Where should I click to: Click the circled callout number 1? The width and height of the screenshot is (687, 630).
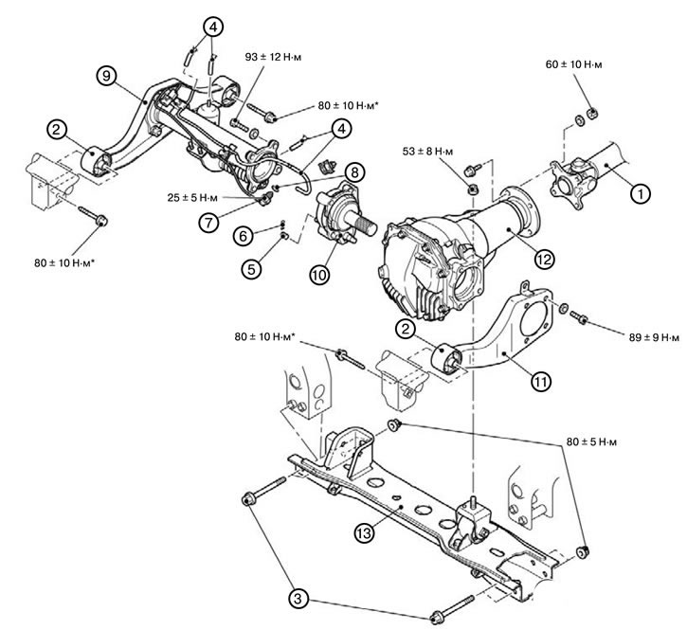641,193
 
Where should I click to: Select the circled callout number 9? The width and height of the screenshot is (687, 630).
106,76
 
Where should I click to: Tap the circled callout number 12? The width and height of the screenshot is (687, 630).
544,260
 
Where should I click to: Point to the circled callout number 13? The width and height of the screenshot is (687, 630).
365,532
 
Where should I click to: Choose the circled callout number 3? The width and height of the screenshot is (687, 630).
298,599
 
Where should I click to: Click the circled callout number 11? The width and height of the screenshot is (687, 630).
541,382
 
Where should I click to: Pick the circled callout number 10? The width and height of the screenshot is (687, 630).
320,275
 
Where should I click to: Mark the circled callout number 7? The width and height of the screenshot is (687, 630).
208,223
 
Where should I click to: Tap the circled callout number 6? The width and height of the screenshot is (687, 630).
244,236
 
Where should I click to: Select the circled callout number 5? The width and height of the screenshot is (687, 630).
251,268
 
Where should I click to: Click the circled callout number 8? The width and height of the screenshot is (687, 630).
354,172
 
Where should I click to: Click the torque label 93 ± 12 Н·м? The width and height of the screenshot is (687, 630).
274,58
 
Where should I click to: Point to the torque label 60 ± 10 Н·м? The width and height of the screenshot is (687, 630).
573,64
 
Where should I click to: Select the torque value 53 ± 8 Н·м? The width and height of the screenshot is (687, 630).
427,152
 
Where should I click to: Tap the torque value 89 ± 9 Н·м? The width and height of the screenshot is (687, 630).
654,337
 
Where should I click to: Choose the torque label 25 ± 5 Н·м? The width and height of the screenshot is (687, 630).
192,198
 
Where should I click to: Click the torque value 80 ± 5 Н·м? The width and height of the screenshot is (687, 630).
591,442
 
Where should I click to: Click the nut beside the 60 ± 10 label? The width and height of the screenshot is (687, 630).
593,114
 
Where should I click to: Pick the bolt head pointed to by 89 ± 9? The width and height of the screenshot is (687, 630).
582,320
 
